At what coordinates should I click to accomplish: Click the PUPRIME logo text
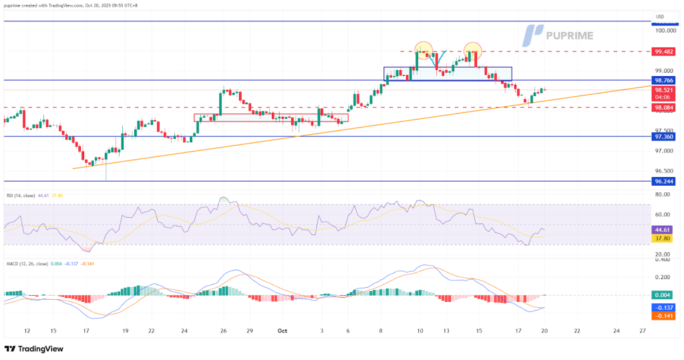click(x=569, y=35)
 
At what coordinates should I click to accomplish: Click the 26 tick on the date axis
click(x=224, y=330)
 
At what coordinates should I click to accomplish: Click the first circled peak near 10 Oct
click(x=423, y=48)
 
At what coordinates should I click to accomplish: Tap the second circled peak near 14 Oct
click(x=472, y=48)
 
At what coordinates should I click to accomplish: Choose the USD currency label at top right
click(x=659, y=16)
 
